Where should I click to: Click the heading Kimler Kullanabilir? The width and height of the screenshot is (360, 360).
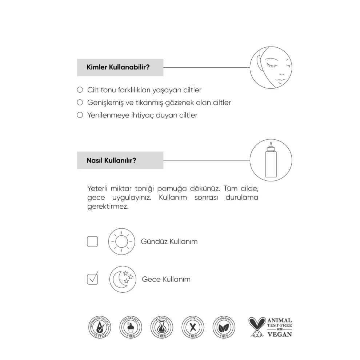point(119,68)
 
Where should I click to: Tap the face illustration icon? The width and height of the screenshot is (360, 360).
point(271,67)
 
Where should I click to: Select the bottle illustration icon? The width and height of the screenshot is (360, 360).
point(271,160)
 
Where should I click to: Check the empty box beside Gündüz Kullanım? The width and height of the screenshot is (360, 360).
point(92,241)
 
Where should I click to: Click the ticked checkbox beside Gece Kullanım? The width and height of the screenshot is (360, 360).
point(92,279)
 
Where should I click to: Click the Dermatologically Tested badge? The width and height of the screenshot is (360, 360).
point(100,327)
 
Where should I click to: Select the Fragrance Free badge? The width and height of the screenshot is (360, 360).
point(131,327)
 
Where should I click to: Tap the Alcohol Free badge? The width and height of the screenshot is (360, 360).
point(162,327)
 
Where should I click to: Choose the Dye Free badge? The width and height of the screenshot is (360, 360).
point(193,327)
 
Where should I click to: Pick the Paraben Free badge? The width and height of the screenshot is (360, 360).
point(224,327)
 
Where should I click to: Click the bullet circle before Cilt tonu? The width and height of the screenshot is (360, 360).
point(80,90)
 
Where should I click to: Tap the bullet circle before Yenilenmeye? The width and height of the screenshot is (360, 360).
point(80,115)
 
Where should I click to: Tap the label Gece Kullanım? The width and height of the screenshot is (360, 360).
point(166,279)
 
